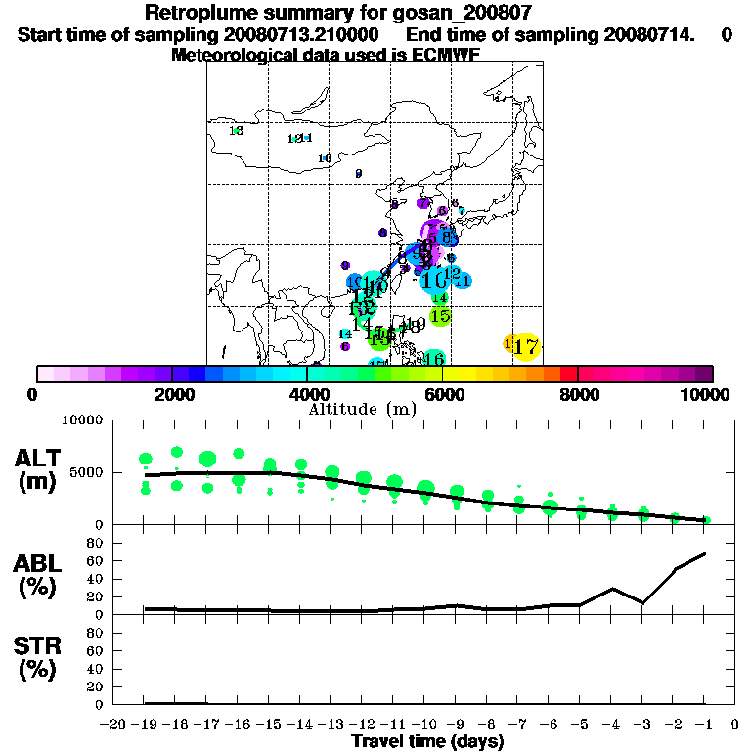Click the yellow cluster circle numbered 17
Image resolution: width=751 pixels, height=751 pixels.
pos(526,346)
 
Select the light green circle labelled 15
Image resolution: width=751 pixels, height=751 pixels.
pos(440,316)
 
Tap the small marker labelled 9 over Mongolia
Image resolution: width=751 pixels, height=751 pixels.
pos(359,174)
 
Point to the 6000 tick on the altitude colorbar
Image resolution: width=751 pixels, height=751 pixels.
pos(443,374)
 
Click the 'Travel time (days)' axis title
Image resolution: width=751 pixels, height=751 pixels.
pos(427,741)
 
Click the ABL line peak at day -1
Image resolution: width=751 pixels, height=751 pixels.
pos(705,553)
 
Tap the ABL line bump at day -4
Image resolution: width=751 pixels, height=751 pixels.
pos(612,589)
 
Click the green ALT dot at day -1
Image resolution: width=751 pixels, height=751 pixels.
pos(706,520)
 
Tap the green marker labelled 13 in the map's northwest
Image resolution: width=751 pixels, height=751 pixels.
pos(235,131)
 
